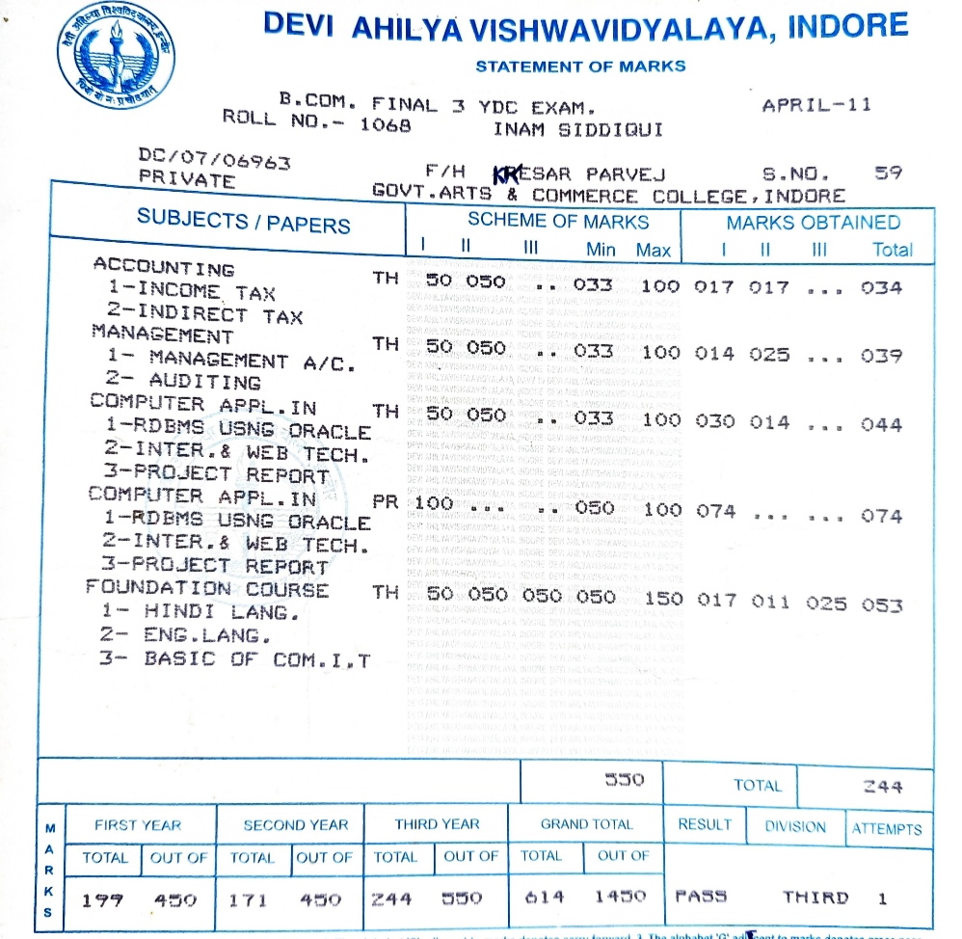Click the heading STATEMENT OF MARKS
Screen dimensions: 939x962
coord(580,67)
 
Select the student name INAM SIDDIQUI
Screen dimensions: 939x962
coord(577,129)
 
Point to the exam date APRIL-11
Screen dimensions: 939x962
coord(815,105)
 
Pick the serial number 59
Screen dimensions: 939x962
coord(887,174)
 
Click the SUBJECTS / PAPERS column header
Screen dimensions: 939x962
coord(243,223)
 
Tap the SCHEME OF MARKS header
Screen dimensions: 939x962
coord(558,222)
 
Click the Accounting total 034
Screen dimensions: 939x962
coord(882,288)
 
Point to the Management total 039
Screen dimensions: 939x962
coord(882,356)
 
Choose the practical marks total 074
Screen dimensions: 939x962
coord(882,516)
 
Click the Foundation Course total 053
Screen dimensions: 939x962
coord(882,605)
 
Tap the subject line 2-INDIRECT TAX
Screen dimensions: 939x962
coord(204,314)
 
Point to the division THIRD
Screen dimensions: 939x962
coord(815,898)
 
